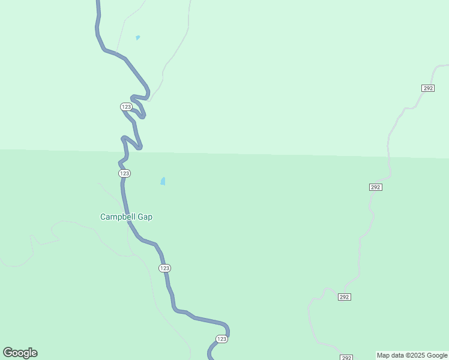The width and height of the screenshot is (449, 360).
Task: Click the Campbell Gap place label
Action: tap(126, 217)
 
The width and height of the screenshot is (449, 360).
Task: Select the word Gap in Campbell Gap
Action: tap(145, 217)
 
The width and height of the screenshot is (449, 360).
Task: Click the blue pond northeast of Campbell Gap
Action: tap(163, 181)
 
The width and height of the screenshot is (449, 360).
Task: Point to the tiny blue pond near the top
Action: tap(137, 37)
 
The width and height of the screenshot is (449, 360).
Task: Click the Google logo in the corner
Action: tap(20, 353)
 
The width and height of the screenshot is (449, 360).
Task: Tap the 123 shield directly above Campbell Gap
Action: tap(124, 173)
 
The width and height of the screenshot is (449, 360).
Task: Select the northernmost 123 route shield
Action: tap(126, 106)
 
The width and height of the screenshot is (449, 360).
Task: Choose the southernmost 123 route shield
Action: tap(221, 339)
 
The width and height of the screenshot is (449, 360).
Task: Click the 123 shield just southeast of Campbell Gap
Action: tap(165, 268)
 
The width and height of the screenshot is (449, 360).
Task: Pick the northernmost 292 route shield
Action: tap(427, 88)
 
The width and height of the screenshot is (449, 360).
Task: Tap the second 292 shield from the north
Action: tap(375, 187)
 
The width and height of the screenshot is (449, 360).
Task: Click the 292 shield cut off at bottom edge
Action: tap(346, 358)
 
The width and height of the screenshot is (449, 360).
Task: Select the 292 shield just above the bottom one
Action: tap(344, 297)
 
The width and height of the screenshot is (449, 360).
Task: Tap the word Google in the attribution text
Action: tap(438, 355)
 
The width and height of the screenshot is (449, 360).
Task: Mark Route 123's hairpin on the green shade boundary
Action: tap(139, 148)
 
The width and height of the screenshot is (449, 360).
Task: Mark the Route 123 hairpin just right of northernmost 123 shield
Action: tap(143, 116)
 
